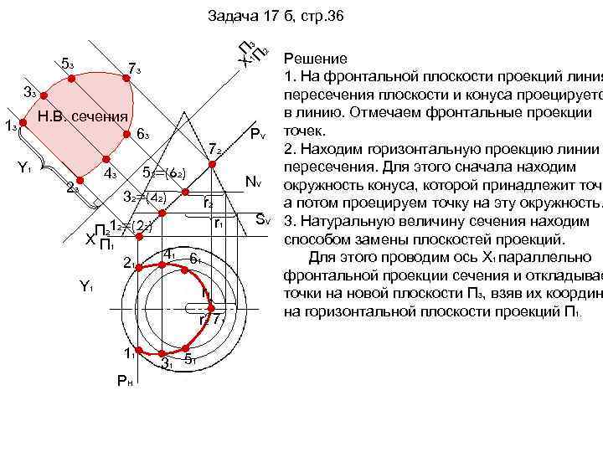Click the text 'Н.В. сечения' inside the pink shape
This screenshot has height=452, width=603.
coord(84,116)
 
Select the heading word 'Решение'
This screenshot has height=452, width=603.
coord(316,59)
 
